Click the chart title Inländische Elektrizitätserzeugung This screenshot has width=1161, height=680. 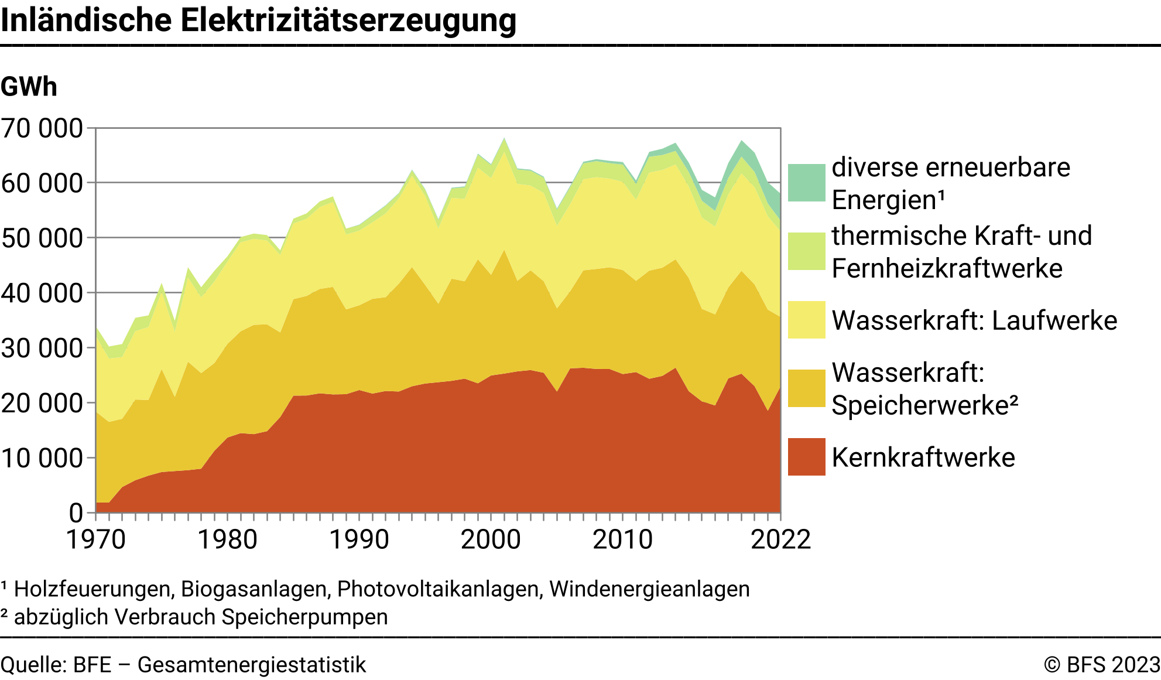coord(258,20)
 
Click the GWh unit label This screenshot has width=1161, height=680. coord(29,87)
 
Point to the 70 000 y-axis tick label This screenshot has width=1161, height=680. coord(42,128)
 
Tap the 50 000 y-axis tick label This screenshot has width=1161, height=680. coord(42,238)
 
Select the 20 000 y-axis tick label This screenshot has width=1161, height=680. coord(42,404)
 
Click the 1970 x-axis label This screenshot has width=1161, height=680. coord(96,539)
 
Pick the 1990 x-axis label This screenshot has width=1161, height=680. coord(359,539)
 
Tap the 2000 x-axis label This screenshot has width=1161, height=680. coord(491,539)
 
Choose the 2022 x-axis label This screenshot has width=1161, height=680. coord(780,539)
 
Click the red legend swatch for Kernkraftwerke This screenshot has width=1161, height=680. coord(806,457)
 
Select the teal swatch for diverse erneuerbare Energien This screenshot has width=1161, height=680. coord(806,183)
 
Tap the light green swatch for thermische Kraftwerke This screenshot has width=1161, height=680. coord(806,251)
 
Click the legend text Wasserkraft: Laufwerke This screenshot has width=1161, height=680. coord(974,320)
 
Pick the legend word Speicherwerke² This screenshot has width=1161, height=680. coord(924,405)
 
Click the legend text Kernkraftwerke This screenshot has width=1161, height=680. coord(923,457)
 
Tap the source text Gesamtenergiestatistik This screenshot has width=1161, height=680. coord(252,665)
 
